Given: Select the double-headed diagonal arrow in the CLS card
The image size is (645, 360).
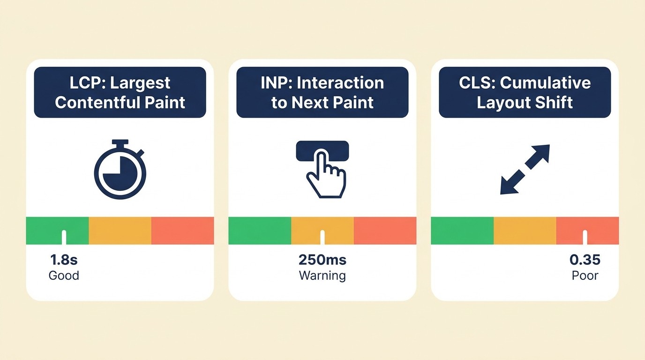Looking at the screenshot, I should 525,169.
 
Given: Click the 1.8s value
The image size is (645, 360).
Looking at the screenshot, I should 64,260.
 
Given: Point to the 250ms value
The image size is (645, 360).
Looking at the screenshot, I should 322,260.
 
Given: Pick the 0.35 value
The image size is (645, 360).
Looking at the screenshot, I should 585,260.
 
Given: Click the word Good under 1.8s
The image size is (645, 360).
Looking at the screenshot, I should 64,275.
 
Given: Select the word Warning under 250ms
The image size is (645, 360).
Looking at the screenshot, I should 322,275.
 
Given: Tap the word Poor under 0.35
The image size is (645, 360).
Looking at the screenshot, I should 585,275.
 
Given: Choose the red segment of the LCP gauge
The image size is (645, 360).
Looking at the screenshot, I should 182,230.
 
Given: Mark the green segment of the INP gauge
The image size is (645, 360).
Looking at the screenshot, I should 260,230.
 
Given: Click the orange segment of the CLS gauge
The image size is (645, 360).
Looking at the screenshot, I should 525,230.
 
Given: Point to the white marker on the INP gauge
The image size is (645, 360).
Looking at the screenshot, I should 322,237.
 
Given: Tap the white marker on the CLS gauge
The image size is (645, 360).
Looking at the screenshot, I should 585,237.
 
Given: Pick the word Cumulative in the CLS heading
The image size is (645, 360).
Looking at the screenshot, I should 545,83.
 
